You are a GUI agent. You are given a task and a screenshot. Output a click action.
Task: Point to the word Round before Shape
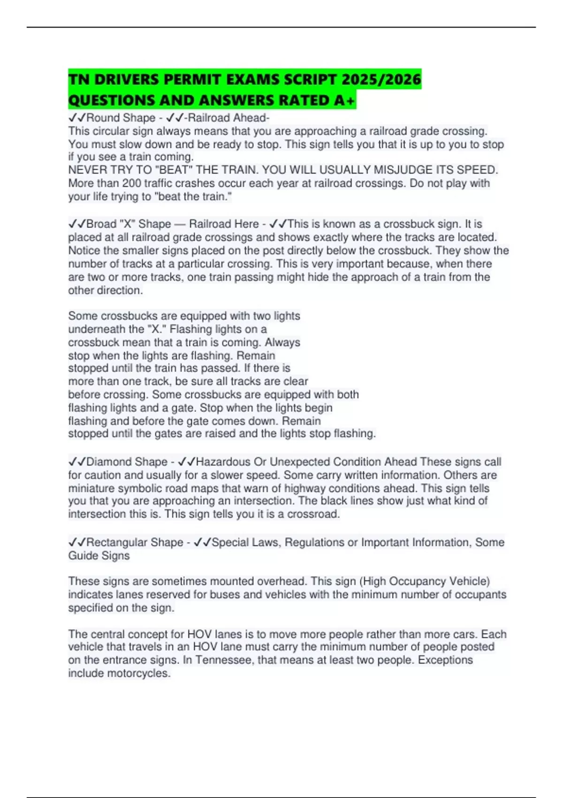(102, 118)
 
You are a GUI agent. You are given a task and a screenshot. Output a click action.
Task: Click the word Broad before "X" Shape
(102, 224)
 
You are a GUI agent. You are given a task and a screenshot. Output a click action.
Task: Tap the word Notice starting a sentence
(86, 250)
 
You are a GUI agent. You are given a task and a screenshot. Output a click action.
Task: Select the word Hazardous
(223, 462)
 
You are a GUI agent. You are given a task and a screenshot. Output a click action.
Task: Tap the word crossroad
(313, 514)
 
